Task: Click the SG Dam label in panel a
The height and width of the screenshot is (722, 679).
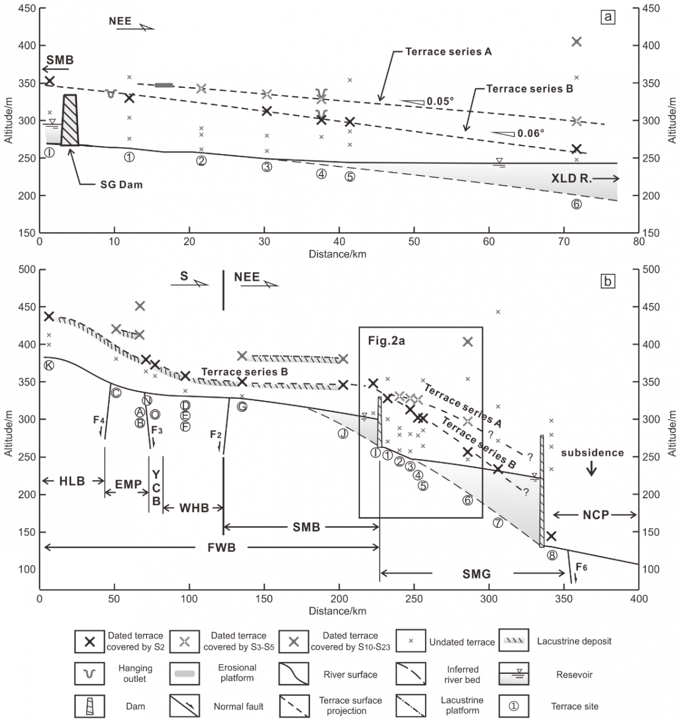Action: click(x=121, y=185)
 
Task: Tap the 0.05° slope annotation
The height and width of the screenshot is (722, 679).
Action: click(x=440, y=102)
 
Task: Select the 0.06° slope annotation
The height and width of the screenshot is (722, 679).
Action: click(x=530, y=134)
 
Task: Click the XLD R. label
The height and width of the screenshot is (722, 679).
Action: click(x=571, y=178)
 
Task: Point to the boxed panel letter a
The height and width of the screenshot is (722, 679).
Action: click(x=608, y=17)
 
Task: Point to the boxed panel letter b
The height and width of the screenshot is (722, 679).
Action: click(x=608, y=281)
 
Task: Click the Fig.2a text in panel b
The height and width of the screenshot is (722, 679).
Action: click(x=386, y=341)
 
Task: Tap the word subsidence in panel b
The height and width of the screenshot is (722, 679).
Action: click(x=592, y=453)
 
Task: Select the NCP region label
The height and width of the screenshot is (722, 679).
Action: click(x=595, y=515)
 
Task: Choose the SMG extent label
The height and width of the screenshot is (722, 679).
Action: click(x=476, y=574)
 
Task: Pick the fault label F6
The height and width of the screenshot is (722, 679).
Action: click(x=581, y=567)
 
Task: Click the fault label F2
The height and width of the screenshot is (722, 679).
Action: click(x=216, y=434)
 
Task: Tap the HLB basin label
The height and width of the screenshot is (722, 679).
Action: click(x=72, y=481)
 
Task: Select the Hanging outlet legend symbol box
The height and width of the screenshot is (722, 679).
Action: click(x=89, y=674)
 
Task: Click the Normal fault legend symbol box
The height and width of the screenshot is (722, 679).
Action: click(x=184, y=706)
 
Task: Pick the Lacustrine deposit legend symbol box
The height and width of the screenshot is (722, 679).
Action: click(x=514, y=641)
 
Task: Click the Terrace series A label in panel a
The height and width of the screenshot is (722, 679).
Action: click(x=448, y=52)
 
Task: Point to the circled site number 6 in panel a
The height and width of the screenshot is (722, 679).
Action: click(x=576, y=204)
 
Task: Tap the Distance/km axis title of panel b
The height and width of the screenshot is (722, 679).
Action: click(x=337, y=611)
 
